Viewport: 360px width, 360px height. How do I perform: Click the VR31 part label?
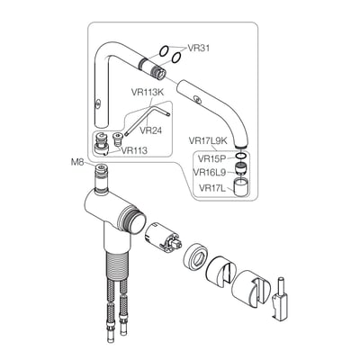point(198,48)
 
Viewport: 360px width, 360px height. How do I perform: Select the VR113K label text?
point(148,93)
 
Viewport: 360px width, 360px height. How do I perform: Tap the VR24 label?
point(151,130)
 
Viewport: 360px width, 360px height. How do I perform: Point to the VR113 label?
point(134,150)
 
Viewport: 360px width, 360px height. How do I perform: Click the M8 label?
point(78,162)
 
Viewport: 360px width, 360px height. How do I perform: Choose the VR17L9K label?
point(208,140)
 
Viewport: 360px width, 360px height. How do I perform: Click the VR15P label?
point(211,158)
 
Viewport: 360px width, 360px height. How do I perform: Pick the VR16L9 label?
point(209,172)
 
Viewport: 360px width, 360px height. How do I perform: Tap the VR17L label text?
point(211,188)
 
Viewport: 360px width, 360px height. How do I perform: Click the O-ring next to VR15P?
point(242,156)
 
